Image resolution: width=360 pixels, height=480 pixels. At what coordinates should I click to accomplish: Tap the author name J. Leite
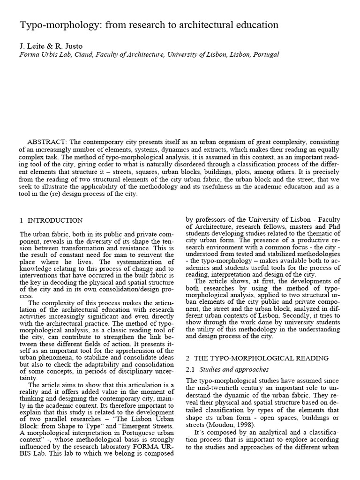point(32,45)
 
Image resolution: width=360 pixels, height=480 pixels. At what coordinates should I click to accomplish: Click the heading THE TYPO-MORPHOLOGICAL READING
point(264,359)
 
